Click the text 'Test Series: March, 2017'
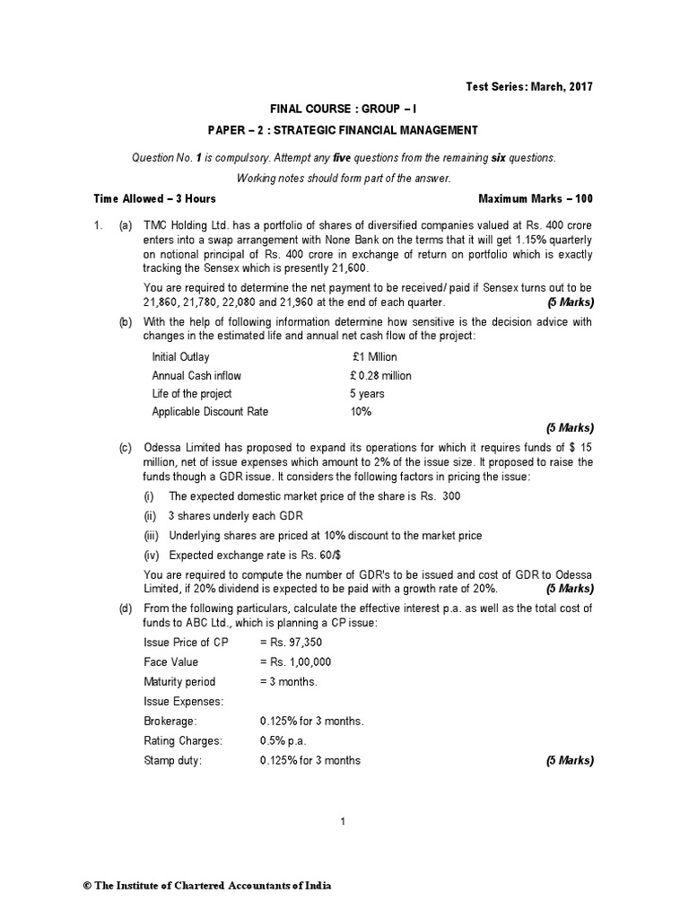pyautogui.click(x=529, y=86)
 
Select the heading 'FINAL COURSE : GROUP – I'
pyautogui.click(x=344, y=108)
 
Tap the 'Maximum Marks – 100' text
pyautogui.click(x=536, y=197)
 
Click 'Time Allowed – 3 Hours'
pyautogui.click(x=154, y=197)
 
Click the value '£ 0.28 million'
pyautogui.click(x=381, y=375)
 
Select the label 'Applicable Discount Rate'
pyautogui.click(x=210, y=411)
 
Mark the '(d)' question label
pyautogui.click(x=126, y=608)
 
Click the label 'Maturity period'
pyautogui.click(x=179, y=681)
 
